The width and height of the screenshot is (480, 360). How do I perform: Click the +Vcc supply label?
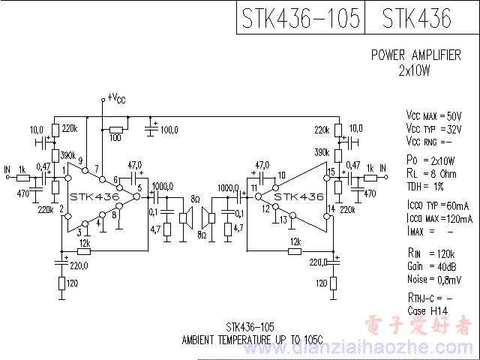(x=116, y=97)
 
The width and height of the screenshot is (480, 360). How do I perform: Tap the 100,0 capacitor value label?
(x=169, y=130)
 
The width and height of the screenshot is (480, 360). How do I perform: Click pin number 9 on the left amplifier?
(x=80, y=160)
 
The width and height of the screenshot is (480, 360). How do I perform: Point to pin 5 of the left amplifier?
(x=139, y=187)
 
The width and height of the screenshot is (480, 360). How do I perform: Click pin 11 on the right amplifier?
(x=254, y=187)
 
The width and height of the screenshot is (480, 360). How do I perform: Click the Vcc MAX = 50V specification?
(x=433, y=116)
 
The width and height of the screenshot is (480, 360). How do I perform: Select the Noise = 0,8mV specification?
(x=434, y=280)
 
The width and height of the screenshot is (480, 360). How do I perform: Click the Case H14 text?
(x=427, y=310)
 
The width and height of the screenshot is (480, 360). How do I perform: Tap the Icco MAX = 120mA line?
(x=439, y=217)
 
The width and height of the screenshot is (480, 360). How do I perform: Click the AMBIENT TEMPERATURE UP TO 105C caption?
(x=253, y=340)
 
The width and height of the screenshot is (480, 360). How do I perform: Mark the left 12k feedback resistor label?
(x=84, y=242)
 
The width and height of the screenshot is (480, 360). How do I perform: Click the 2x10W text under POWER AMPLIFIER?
(x=414, y=71)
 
